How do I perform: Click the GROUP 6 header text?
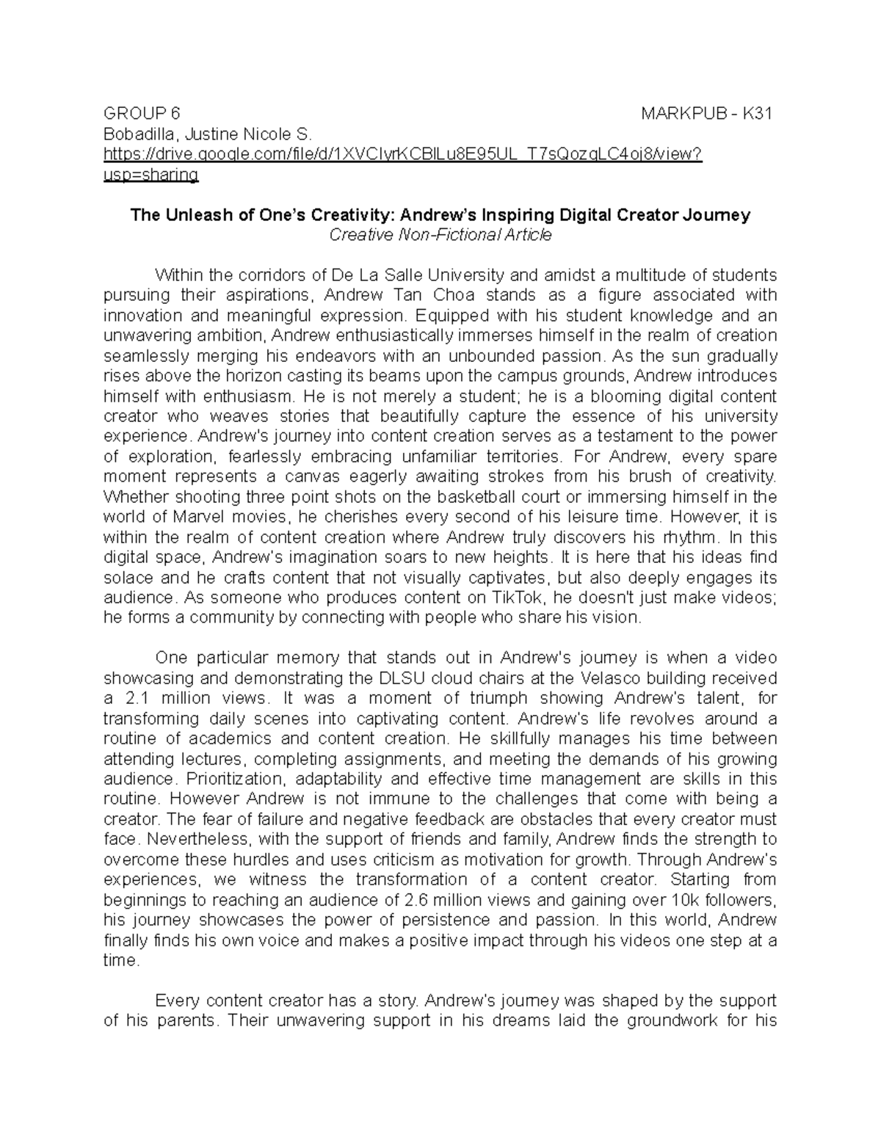[141, 114]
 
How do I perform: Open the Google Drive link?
[403, 155]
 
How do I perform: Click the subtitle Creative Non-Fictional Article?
[440, 236]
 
